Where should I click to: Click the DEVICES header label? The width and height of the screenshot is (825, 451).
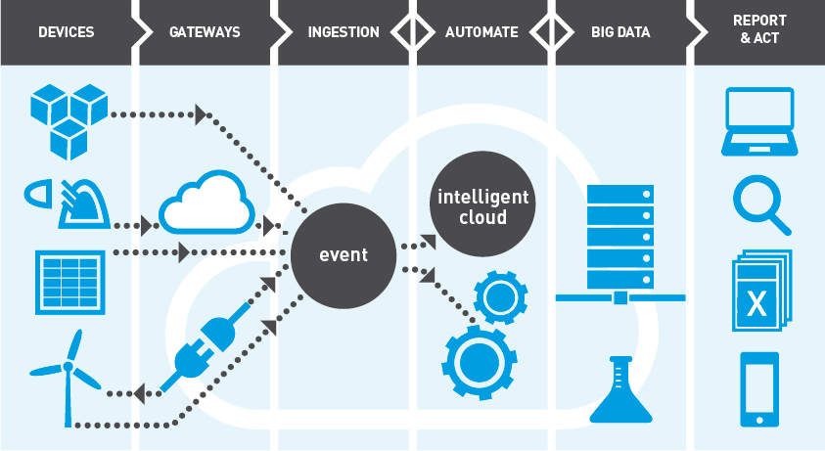(x=66, y=32)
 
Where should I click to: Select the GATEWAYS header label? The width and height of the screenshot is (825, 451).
(x=205, y=32)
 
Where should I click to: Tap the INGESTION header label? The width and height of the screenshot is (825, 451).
(x=344, y=32)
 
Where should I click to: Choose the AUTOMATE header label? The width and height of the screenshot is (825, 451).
(x=481, y=32)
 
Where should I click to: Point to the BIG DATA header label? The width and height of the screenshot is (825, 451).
(x=620, y=32)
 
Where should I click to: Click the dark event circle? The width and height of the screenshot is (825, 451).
(x=344, y=255)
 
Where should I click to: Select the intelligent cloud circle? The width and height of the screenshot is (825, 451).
(x=482, y=205)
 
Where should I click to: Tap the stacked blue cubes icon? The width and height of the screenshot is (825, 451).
(x=68, y=120)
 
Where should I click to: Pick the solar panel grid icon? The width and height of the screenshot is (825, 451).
(x=70, y=282)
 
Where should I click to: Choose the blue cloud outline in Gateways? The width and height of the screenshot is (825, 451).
(x=206, y=203)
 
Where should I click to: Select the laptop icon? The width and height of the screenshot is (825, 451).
(x=758, y=122)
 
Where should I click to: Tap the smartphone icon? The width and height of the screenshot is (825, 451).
(x=759, y=388)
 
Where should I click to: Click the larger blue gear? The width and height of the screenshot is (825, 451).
(x=480, y=359)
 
